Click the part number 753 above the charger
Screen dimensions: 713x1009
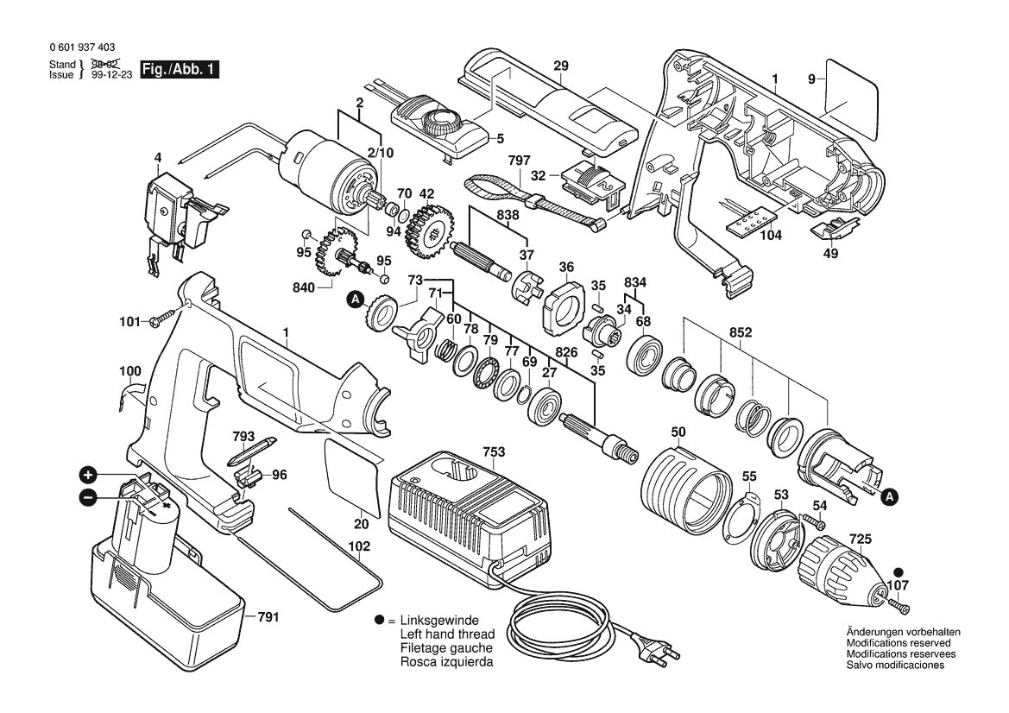470,451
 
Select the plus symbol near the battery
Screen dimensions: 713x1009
87,475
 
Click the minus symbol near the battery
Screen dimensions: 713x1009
87,497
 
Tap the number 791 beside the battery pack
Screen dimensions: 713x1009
268,617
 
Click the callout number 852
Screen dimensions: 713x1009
740,331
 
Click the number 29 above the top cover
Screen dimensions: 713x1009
561,66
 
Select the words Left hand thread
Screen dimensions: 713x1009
447,634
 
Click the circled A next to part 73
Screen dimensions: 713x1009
355,300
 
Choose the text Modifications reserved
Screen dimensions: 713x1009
899,643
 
